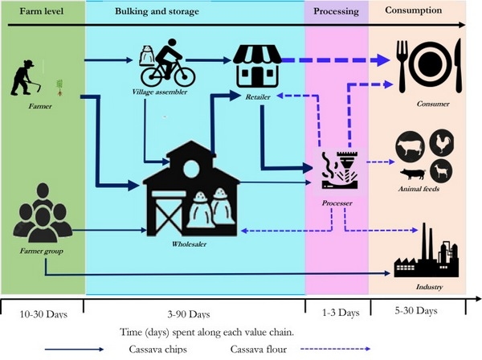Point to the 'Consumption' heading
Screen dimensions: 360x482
click(x=413, y=11)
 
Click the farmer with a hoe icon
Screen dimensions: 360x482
click(x=27, y=77)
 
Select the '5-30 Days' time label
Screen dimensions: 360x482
click(x=418, y=310)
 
